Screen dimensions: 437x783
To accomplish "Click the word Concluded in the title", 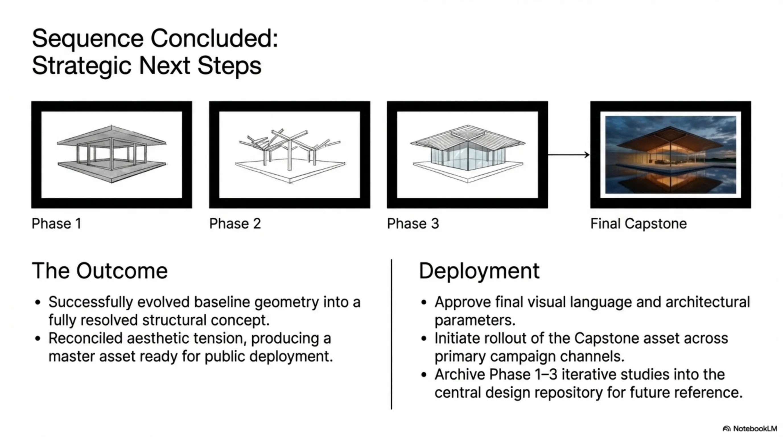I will pyautogui.click(x=214, y=39).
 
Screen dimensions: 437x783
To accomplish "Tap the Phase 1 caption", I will pyautogui.click(x=57, y=224).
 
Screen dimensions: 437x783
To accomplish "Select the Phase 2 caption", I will pyautogui.click(x=235, y=224).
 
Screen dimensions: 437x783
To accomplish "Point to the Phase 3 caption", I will pyautogui.click(x=413, y=224).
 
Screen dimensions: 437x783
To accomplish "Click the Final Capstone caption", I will pyautogui.click(x=638, y=224).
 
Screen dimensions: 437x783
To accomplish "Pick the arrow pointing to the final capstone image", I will pyautogui.click(x=568, y=155).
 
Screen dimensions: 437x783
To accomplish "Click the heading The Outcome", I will pyautogui.click(x=100, y=271).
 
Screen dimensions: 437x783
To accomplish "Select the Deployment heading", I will pyautogui.click(x=479, y=271).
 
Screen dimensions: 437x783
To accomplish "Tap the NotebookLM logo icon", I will pyautogui.click(x=726, y=429).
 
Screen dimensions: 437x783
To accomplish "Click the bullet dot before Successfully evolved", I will pyautogui.click(x=38, y=302).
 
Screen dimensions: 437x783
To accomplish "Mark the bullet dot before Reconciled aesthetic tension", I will pyautogui.click(x=38, y=339).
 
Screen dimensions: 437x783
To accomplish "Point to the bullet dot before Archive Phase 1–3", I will pyautogui.click(x=424, y=375).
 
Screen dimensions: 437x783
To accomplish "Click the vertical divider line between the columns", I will pyautogui.click(x=391, y=334).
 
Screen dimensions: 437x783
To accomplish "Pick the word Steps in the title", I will pyautogui.click(x=230, y=66).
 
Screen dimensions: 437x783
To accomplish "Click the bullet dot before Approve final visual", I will pyautogui.click(x=424, y=302).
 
